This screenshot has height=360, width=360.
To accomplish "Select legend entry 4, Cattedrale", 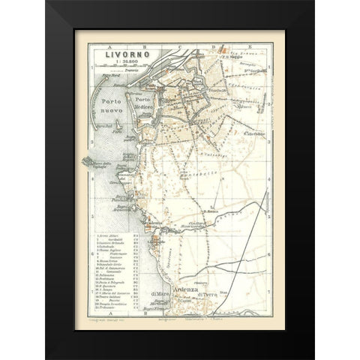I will pyautogui.click(x=111, y=249).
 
